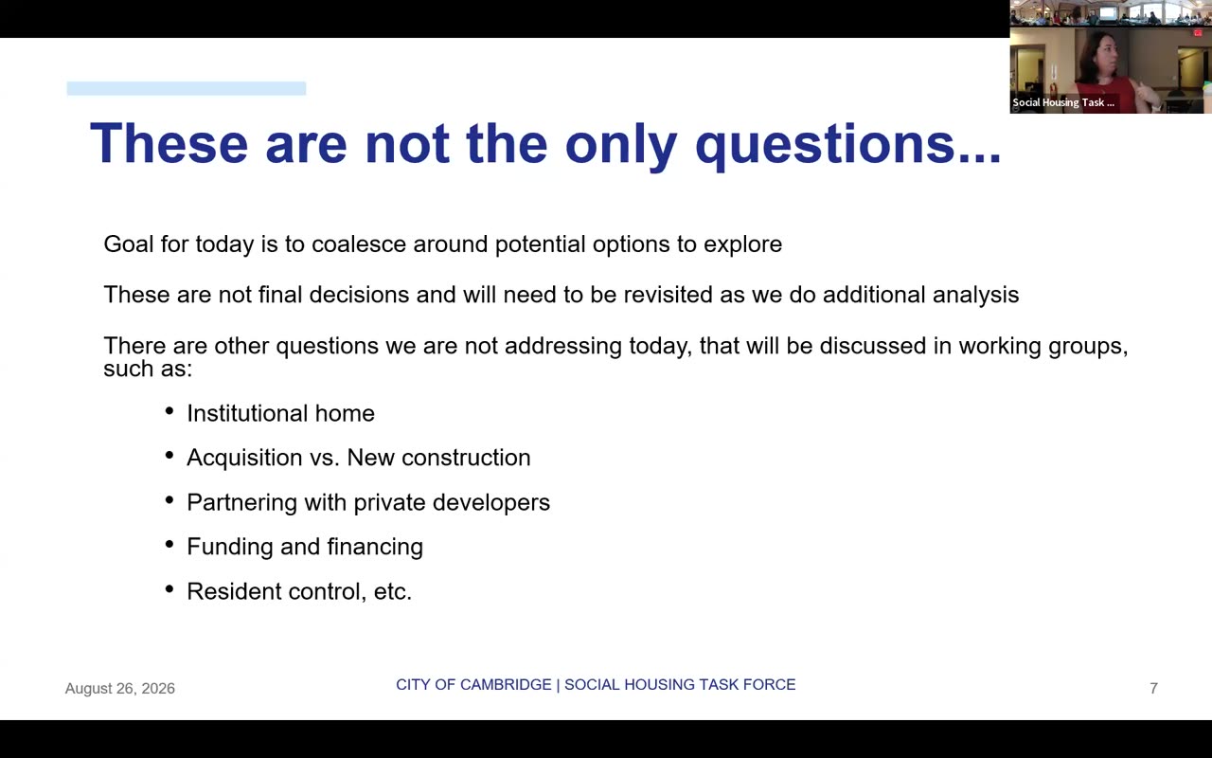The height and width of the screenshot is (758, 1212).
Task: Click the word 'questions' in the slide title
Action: (847, 146)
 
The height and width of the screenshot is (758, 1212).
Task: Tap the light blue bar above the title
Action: (187, 88)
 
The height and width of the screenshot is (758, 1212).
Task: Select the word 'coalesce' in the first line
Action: (359, 244)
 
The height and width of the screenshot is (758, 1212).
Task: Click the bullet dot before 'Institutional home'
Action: (169, 411)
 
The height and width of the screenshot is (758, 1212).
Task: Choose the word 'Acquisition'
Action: (244, 458)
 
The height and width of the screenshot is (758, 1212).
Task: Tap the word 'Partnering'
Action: (241, 503)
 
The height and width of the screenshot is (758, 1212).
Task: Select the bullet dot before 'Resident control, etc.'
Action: (169, 589)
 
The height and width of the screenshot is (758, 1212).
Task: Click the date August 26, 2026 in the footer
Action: (120, 689)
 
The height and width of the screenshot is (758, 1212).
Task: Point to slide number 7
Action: (1153, 689)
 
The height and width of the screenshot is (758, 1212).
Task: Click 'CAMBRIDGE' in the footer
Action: (505, 685)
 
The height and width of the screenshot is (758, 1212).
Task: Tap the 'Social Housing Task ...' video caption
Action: (1063, 102)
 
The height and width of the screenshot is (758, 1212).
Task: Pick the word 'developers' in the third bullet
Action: (491, 503)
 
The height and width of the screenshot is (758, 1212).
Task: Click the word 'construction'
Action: (466, 458)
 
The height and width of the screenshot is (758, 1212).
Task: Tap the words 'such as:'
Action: (148, 370)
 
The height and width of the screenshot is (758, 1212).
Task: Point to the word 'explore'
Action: (742, 244)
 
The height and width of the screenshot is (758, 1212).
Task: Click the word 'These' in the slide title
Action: (169, 144)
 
